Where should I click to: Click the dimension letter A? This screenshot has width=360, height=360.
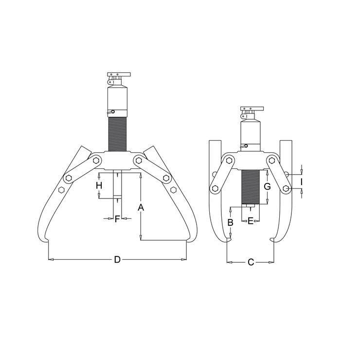(x=141, y=207)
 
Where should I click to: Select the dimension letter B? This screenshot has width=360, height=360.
(x=230, y=222)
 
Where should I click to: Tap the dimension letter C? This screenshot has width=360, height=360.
(x=251, y=262)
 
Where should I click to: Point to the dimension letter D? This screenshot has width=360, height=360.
(x=117, y=260)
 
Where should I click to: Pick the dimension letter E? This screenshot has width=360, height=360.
(x=251, y=221)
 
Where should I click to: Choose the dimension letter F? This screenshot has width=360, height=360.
(x=117, y=219)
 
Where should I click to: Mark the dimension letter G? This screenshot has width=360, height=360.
(x=267, y=187)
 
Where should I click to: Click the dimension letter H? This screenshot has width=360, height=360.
(x=99, y=185)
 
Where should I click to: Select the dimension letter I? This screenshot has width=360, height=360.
(x=302, y=182)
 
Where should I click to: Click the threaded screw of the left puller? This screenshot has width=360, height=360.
(x=117, y=134)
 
